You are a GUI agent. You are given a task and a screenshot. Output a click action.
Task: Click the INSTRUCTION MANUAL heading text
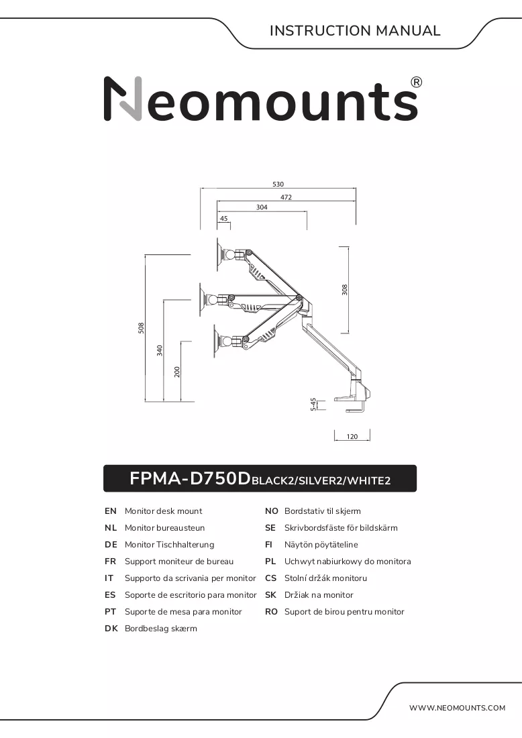click(x=355, y=31)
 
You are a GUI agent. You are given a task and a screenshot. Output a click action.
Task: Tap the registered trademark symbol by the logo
click(x=417, y=83)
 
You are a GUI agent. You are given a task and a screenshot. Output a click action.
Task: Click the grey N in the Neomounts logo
click(x=123, y=99)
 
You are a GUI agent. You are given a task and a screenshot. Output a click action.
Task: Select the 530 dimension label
click(x=278, y=184)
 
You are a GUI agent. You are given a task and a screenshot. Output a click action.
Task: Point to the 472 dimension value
click(x=286, y=197)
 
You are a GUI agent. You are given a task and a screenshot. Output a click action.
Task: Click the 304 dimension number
click(x=262, y=207)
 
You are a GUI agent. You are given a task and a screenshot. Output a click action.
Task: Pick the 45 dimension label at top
click(x=224, y=219)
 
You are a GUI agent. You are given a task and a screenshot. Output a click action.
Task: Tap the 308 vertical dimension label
click(x=345, y=289)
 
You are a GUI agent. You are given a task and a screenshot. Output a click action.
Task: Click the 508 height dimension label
click(x=141, y=328)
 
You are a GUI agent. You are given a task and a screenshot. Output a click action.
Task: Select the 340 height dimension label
click(x=160, y=350)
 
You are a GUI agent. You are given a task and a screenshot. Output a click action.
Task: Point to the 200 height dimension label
click(x=177, y=372)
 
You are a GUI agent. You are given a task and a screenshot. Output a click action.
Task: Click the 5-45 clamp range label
click(x=313, y=405)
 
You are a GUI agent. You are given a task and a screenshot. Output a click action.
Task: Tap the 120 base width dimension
click(x=352, y=437)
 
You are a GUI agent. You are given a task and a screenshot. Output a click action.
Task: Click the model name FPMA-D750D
click(x=190, y=478)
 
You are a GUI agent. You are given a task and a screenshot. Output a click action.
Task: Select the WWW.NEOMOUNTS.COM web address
click(x=458, y=708)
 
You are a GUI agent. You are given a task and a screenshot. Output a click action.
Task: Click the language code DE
click(x=111, y=545)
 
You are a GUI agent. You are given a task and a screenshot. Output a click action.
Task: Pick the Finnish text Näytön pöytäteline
click(x=321, y=545)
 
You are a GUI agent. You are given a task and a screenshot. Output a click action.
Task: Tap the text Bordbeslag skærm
click(x=161, y=629)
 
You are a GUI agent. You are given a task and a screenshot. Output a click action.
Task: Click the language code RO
click(x=271, y=612)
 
